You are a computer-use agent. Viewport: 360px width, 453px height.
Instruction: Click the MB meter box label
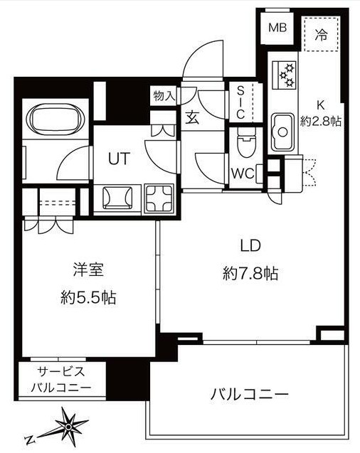click(x=277, y=28)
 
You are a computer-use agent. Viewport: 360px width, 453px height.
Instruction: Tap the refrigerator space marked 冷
click(x=321, y=34)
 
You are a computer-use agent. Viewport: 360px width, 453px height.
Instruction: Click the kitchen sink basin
click(x=282, y=132)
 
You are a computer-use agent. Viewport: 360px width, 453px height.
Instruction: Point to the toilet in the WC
click(x=246, y=142)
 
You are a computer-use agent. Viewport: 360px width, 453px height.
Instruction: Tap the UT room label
click(x=119, y=158)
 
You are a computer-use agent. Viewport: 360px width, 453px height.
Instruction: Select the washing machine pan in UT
click(x=159, y=199)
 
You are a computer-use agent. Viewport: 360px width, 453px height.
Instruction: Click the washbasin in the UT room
click(x=117, y=198)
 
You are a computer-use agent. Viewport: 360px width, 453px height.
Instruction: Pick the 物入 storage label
click(x=164, y=95)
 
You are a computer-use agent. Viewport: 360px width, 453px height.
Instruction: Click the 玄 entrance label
click(x=192, y=117)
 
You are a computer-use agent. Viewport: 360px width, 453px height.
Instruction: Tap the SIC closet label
click(x=240, y=102)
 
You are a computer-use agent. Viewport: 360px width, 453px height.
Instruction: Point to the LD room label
click(x=250, y=245)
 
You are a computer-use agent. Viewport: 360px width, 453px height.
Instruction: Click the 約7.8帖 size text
click(x=250, y=273)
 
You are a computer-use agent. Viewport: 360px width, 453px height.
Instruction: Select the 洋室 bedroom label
click(x=88, y=270)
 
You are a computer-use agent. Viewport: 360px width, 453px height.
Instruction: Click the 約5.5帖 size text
click(x=88, y=297)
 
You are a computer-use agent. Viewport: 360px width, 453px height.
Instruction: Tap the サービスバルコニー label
click(x=61, y=379)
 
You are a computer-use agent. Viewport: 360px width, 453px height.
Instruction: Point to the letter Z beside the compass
click(x=30, y=439)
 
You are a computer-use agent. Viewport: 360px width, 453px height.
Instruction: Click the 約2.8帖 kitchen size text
click(x=320, y=122)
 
